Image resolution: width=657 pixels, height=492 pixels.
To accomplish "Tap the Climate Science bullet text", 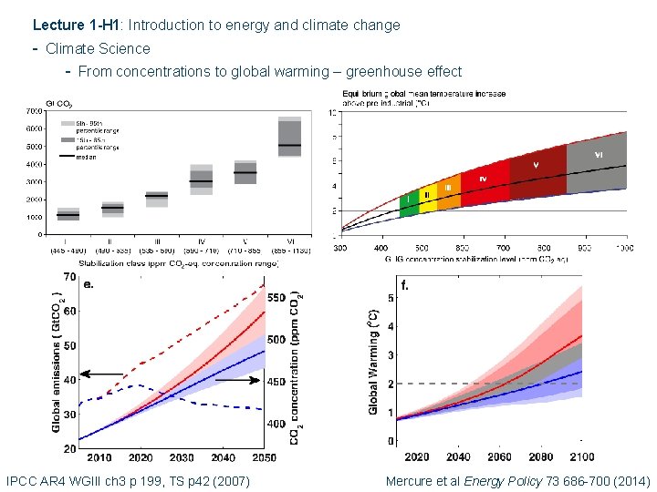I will (x=98, y=48).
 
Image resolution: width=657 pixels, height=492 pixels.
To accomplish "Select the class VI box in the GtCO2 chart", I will (x=290, y=138).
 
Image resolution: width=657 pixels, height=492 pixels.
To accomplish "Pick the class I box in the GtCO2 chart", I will (x=68, y=214).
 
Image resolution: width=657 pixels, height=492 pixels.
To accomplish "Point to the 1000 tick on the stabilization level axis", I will (x=623, y=247).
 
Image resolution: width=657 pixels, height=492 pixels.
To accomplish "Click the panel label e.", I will (x=89, y=283).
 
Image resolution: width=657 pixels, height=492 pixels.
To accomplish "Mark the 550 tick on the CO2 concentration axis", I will (x=276, y=298).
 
